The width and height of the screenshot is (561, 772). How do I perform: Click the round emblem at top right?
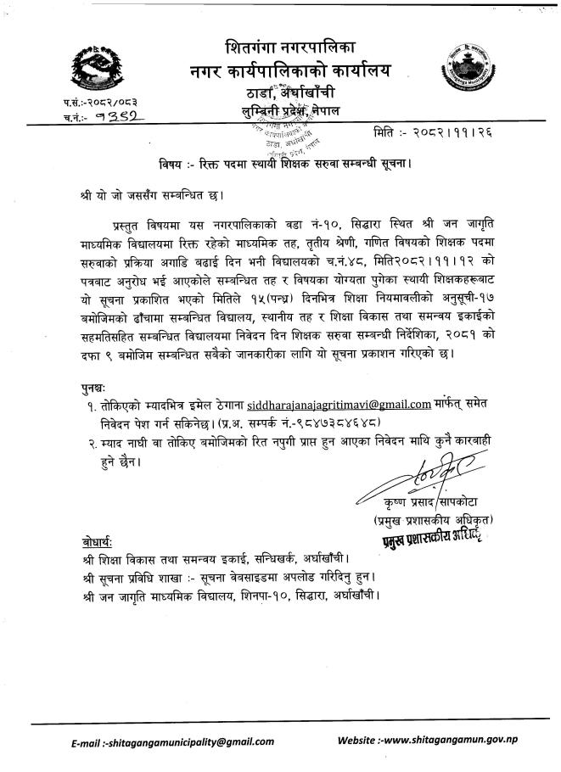pos(466,70)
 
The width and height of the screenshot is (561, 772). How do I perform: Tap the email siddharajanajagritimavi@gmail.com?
pos(334,403)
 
